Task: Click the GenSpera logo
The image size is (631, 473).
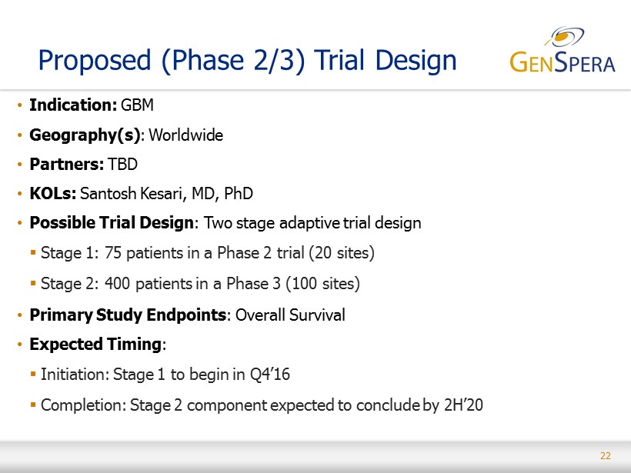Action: [563, 50]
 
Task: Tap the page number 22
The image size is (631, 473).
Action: [606, 456]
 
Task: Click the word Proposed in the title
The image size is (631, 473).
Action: [95, 61]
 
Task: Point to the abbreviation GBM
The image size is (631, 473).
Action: [137, 105]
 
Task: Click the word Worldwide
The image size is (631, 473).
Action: [186, 135]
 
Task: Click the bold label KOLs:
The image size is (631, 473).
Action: [53, 194]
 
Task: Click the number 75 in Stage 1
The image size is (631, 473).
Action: [113, 253]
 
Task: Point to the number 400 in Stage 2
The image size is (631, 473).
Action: [117, 284]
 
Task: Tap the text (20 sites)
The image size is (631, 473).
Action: [342, 253]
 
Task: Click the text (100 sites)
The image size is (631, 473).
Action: [322, 284]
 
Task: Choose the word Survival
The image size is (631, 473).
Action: [317, 315]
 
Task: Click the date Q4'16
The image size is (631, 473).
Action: [269, 375]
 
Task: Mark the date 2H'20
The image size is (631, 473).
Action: [463, 405]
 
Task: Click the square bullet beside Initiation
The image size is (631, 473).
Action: [33, 374]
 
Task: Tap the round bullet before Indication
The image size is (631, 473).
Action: [19, 105]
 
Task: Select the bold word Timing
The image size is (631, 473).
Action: [134, 345]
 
